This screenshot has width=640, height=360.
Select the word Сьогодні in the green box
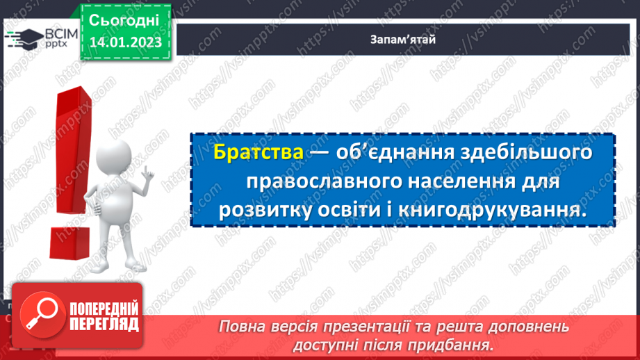(125, 19)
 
